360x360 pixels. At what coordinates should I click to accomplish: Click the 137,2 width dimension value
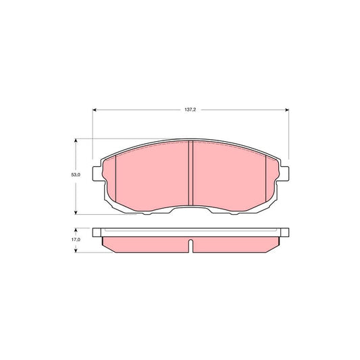pyautogui.click(x=190, y=109)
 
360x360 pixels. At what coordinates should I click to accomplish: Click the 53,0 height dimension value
pyautogui.click(x=76, y=175)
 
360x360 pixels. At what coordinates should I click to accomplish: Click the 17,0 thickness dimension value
pyautogui.click(x=76, y=240)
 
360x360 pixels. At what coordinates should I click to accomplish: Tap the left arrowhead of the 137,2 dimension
pyautogui.click(x=94, y=110)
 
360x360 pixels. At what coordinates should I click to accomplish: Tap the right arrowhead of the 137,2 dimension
pyautogui.click(x=287, y=110)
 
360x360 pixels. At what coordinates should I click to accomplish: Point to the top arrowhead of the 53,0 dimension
pyautogui.click(x=76, y=140)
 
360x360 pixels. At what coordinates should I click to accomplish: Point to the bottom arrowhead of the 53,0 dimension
pyautogui.click(x=76, y=213)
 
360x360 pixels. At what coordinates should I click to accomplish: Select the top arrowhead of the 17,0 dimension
pyautogui.click(x=76, y=230)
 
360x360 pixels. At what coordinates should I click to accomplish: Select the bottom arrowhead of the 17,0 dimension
pyautogui.click(x=76, y=251)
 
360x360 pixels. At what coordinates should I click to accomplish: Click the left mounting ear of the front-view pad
pyautogui.click(x=97, y=174)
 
